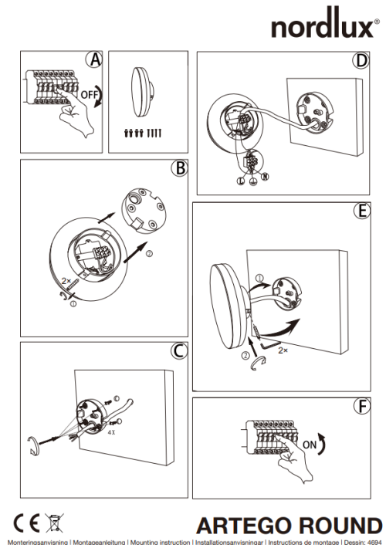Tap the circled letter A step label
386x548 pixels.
(95, 60)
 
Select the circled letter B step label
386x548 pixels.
(179, 169)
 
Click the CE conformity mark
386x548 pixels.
(25, 523)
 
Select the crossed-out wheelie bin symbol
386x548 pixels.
(54, 523)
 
